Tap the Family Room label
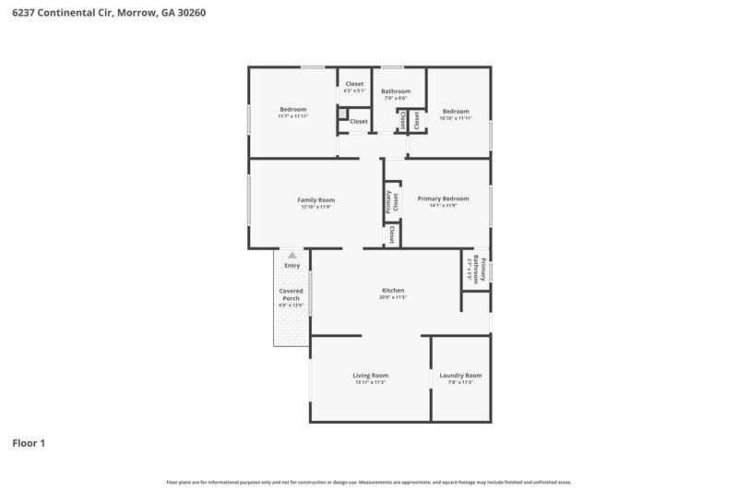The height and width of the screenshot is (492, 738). coord(315,199)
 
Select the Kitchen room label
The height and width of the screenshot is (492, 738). coord(393,290)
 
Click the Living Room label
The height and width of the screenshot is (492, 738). coord(370,375)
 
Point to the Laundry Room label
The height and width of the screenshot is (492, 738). coord(460,375)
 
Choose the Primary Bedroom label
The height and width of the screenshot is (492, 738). coord(443,198)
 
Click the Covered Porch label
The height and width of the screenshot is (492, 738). coord(292,294)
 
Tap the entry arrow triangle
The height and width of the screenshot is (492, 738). coord(292,256)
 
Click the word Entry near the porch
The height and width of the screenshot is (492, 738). coord(292,266)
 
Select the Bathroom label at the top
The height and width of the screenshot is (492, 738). coord(396,90)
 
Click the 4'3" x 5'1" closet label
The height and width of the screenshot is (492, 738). coord(354,90)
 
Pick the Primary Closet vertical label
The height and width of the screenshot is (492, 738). coord(392,202)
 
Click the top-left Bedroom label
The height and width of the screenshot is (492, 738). coord(292,109)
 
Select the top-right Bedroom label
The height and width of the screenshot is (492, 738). coord(455,111)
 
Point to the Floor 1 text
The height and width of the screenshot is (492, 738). coord(29,443)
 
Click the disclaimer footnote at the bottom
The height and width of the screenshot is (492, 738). coord(369,482)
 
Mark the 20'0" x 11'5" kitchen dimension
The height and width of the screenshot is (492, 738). coord(393,297)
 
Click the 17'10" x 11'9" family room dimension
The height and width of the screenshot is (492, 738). coord(315,207)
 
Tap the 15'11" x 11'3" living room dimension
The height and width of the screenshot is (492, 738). coord(370,382)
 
